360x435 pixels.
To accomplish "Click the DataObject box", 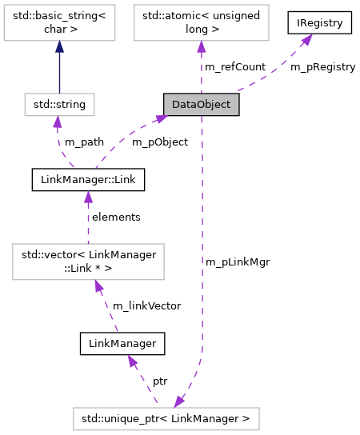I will pos(196,104).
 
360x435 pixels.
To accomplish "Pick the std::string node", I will pos(59,104).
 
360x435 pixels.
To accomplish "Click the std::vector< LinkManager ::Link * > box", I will pos(88,261).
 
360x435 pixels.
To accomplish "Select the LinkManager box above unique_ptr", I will pos(122,343).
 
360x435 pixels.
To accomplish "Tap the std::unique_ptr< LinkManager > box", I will pos(166,417).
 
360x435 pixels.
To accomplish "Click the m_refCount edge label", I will pos(235,66).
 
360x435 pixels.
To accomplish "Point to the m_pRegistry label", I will pos(322,66).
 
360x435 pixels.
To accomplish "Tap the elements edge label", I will pos(116,217).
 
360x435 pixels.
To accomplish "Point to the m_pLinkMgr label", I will pos(237,261).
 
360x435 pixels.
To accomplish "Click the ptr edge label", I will pos(160,381).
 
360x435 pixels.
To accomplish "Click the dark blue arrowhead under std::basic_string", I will pos(59,48).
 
